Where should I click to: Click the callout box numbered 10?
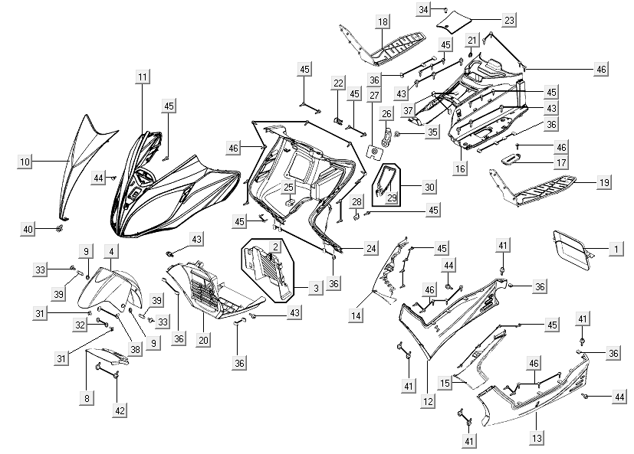pos(25,162)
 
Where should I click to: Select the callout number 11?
pos(143,77)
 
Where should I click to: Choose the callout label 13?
pos(536,438)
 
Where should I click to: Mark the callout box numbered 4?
pos(111,251)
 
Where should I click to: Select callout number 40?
pos(28,229)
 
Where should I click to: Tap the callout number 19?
pos(604,183)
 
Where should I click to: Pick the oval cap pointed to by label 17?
pos(513,158)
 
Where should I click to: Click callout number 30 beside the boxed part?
pos(429,187)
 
